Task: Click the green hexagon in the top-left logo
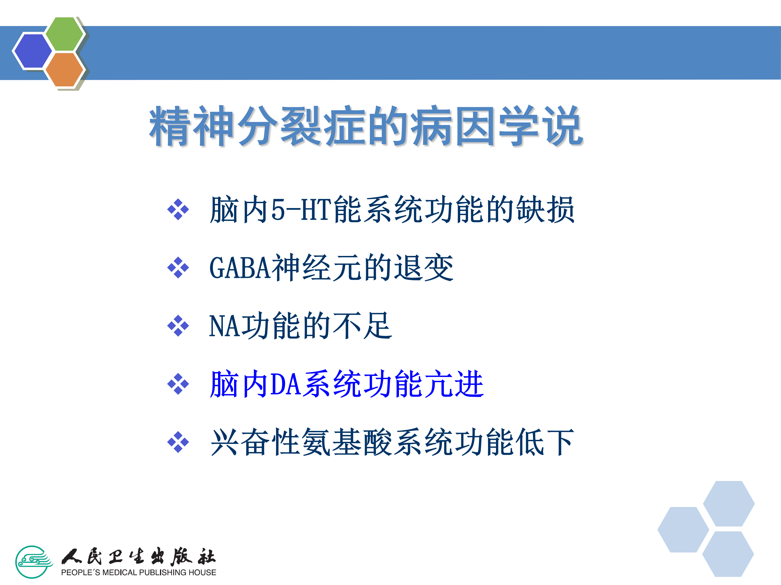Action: tap(64, 34)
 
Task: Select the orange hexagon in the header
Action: tap(64, 69)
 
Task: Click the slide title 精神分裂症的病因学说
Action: tap(366, 126)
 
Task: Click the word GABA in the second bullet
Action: tap(240, 268)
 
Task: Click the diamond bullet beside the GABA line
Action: tap(178, 268)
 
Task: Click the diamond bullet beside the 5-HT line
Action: tap(178, 209)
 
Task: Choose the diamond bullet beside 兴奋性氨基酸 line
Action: tap(178, 442)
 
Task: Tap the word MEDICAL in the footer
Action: tap(119, 572)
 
